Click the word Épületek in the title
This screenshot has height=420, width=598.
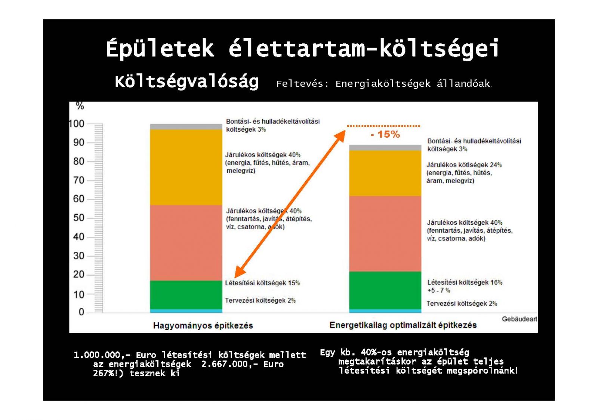coord(160,49)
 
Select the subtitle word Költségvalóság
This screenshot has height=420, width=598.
coord(187,82)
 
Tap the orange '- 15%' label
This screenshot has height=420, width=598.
coord(385,134)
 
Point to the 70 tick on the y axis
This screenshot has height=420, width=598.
coord(78,180)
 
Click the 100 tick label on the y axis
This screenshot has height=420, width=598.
coord(77,124)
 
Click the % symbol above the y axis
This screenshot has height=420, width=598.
coord(80,106)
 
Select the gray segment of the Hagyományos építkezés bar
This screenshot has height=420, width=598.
coord(186,127)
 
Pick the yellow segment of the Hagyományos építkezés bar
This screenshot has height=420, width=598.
coord(186,167)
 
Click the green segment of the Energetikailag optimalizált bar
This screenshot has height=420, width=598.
coord(385,290)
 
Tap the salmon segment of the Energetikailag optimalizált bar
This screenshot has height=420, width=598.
coord(385,234)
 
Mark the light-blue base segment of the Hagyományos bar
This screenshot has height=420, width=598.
coord(186,311)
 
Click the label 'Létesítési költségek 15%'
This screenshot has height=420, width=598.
coord(262,283)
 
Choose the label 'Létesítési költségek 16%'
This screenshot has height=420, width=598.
coord(465,282)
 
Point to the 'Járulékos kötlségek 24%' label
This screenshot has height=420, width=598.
coord(464,165)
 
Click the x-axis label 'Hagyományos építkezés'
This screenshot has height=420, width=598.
coord(203,325)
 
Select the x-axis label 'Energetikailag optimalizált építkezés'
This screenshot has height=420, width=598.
coord(403,325)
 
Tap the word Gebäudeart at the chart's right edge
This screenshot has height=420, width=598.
coord(520,319)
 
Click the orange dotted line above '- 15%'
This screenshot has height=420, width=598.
coord(383,126)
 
